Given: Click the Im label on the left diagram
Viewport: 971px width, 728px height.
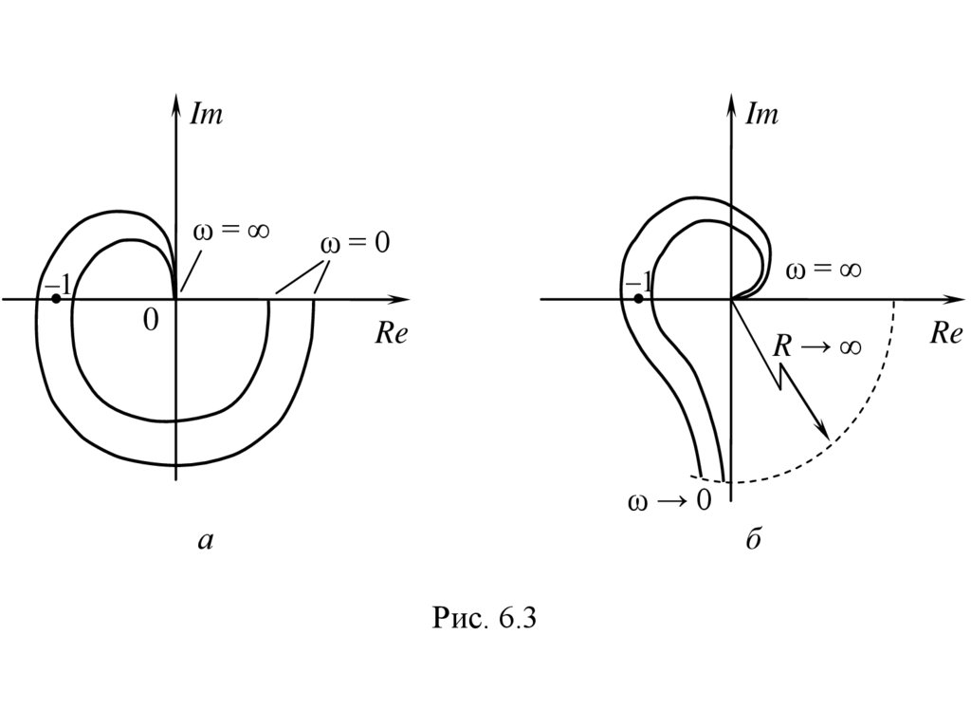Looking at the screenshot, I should (207, 115).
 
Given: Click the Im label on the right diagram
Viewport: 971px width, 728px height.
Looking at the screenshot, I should (761, 115).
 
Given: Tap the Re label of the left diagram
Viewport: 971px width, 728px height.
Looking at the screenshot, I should (391, 334).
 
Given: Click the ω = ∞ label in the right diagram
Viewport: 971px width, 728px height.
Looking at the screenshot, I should (823, 271).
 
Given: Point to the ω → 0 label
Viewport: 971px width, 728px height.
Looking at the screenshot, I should (669, 500).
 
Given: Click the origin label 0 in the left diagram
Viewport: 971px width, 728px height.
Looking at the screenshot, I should (150, 322).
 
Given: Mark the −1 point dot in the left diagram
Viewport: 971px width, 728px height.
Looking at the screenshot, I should (56, 298).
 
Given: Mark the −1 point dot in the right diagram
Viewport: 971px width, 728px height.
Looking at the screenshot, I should (638, 298).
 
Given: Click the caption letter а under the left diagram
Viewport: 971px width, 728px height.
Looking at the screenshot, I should (206, 542).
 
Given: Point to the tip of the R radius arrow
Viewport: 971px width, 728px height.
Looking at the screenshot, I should (828, 439).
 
